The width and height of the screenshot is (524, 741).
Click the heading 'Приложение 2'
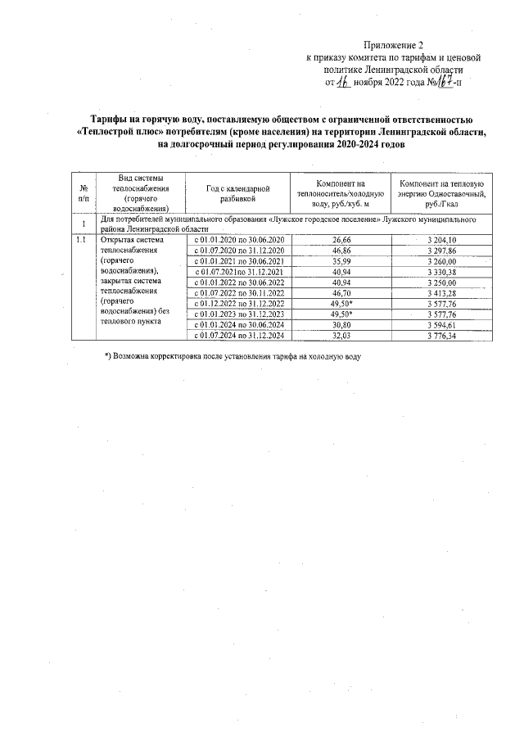coord(394,46)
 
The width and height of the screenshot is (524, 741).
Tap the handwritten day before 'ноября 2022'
coord(345,82)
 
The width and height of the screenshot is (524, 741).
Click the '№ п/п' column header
coord(84,194)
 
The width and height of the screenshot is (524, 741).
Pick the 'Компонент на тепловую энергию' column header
coord(441,194)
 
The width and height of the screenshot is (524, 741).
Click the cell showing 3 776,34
coord(441,335)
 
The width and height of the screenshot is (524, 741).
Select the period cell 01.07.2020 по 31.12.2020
coord(238,250)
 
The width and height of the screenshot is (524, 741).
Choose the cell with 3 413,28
coord(441,292)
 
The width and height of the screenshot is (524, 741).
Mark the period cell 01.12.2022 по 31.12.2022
coord(238,303)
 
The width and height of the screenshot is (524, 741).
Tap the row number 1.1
coord(81,240)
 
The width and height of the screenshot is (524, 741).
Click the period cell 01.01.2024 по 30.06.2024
coord(238,324)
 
